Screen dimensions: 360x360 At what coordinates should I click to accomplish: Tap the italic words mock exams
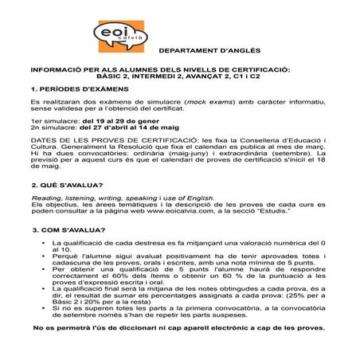(x=209, y=104)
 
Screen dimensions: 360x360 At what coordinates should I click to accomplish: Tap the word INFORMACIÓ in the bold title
(x=65, y=71)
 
